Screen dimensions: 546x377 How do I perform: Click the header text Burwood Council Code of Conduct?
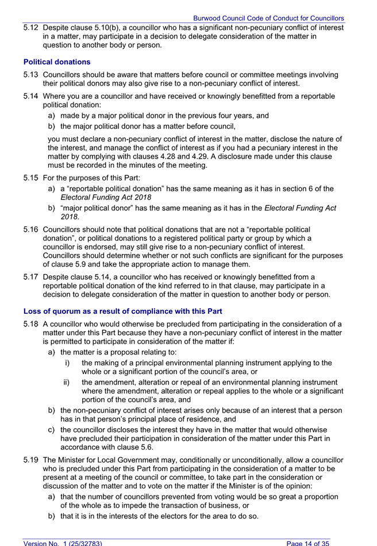[x=268, y=18]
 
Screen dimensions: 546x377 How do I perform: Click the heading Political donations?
[x=57, y=61]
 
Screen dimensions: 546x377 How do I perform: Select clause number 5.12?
[x=31, y=27]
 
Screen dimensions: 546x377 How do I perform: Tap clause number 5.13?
[x=31, y=75]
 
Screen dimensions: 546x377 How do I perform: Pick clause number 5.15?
[x=31, y=178]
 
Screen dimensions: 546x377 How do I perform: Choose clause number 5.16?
[x=31, y=229]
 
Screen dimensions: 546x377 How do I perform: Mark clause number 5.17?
[x=31, y=277]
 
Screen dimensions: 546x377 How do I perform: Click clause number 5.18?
[x=31, y=324]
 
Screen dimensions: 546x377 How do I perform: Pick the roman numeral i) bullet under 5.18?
[x=67, y=363]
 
